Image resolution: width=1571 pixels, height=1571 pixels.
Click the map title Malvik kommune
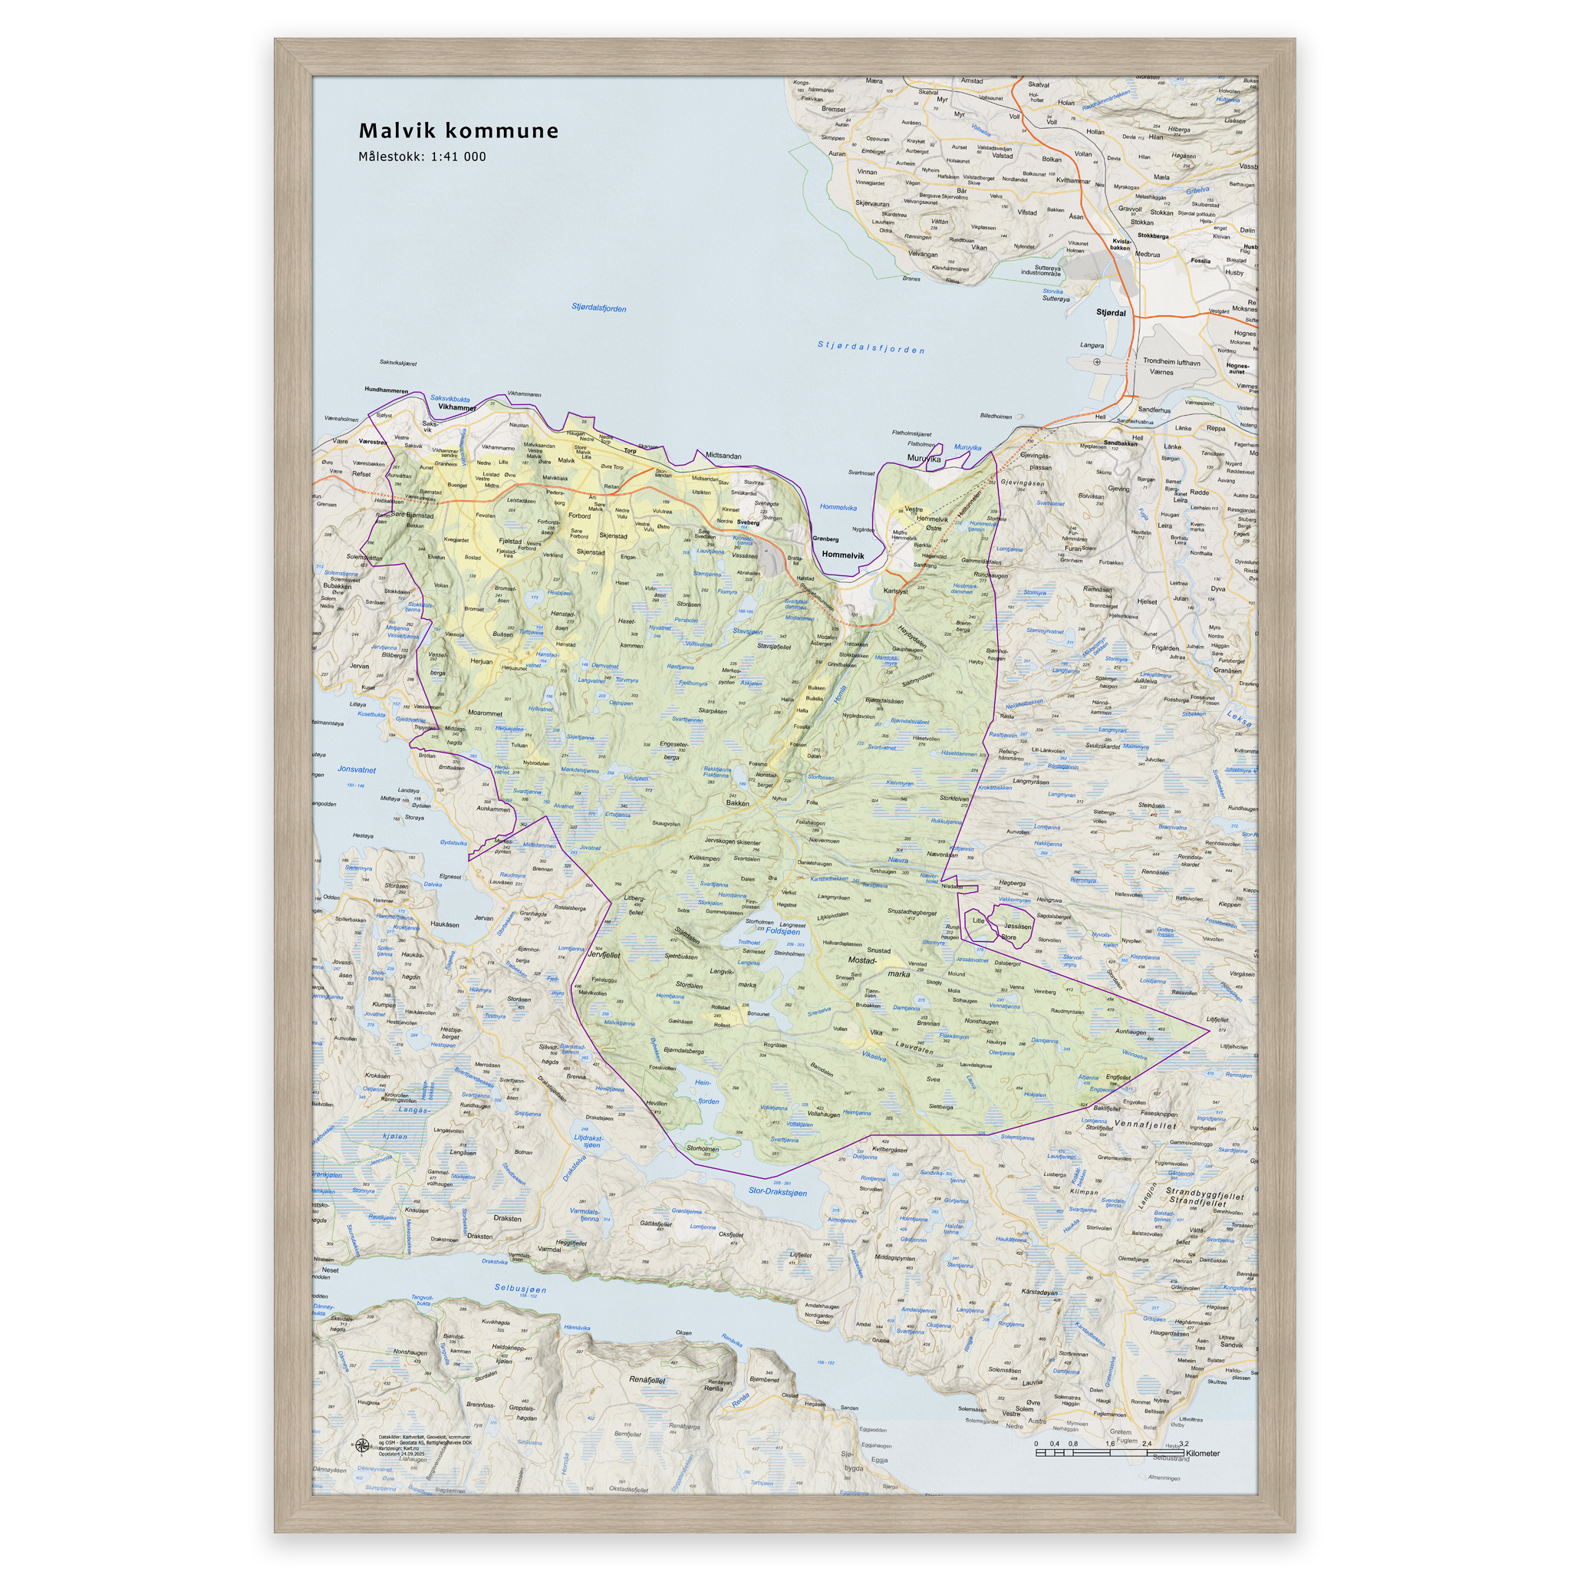tap(459, 131)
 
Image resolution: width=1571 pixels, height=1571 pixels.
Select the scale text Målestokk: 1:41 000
tap(422, 157)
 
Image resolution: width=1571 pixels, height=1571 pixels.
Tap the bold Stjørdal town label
tap(1111, 312)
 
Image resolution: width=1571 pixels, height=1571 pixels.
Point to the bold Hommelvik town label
tap(842, 555)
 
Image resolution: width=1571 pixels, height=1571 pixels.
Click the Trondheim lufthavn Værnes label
tap(1171, 367)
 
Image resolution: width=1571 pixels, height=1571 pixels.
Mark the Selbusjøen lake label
tap(520, 1289)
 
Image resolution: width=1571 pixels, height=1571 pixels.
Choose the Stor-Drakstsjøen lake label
tap(777, 1192)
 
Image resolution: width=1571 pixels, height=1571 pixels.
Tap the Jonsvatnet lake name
tap(356, 769)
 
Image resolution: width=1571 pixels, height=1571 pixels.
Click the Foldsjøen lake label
tap(782, 931)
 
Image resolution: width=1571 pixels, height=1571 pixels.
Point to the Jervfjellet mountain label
tap(604, 956)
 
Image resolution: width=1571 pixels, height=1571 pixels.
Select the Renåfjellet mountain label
tap(647, 1379)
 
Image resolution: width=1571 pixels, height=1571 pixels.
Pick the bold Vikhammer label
tap(456, 407)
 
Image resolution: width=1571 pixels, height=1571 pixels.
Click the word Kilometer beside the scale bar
tap(1203, 1453)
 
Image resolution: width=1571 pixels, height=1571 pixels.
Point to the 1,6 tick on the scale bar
tap(1110, 1444)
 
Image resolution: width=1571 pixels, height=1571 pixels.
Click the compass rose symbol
tap(362, 1444)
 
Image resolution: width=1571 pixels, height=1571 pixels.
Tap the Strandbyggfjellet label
tap(1205, 1193)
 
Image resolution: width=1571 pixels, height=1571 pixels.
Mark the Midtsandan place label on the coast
tap(723, 456)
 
